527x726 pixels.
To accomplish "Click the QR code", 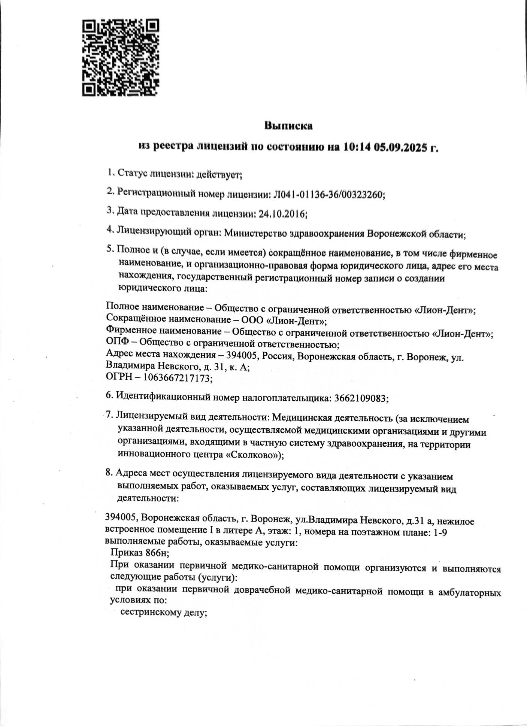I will (x=121, y=57).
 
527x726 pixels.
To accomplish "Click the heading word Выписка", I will (x=288, y=126).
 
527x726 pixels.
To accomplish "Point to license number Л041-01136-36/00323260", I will (x=327, y=194).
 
